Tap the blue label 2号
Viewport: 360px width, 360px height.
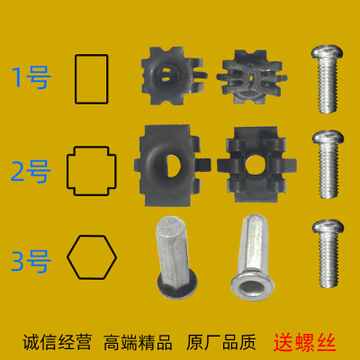(31, 168)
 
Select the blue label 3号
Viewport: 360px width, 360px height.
(31, 259)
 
